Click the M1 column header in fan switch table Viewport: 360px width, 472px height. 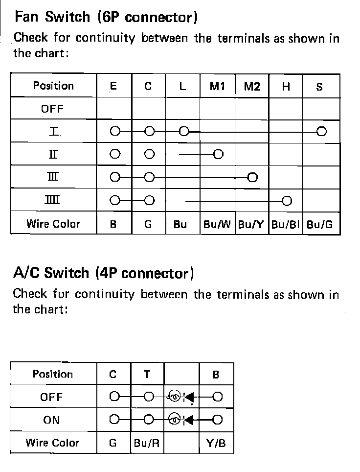coord(217,87)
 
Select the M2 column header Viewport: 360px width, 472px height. coord(251,87)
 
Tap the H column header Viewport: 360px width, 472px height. coord(286,87)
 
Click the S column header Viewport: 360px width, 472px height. coord(319,87)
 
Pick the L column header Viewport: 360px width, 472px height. coord(182,87)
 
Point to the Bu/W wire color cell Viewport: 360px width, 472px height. coord(217,225)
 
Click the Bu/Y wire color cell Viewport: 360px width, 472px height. coord(251,225)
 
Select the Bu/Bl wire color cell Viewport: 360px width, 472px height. coord(286,225)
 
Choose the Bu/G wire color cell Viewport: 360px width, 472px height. coord(320,225)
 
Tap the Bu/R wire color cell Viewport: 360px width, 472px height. coord(147,443)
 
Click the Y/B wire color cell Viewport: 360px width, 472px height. coord(216,443)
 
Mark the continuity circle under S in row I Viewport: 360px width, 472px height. coord(321,131)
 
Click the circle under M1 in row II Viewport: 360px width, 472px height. coord(218,154)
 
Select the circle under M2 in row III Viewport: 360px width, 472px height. coord(252,177)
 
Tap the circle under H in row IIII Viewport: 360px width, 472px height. coord(287,200)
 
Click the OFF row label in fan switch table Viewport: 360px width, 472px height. coord(52,108)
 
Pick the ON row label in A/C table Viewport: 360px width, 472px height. coord(52,420)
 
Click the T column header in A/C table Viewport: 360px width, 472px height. coord(147,375)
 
